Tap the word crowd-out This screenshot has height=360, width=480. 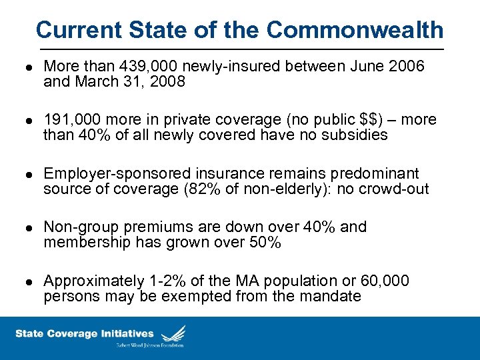click(x=395, y=190)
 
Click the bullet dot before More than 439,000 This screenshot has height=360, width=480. click(x=24, y=68)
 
